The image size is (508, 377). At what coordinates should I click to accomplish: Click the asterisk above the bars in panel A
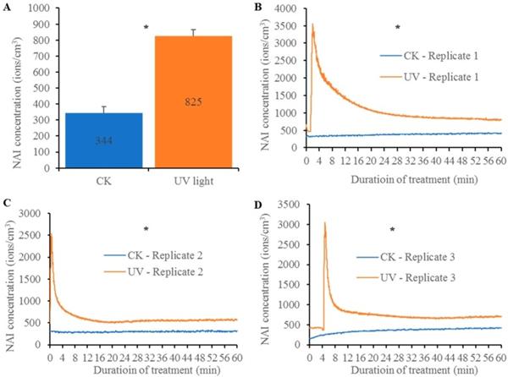(146, 28)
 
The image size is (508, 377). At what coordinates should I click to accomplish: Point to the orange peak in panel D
(325, 223)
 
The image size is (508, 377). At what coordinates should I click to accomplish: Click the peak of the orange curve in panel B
(313, 25)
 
